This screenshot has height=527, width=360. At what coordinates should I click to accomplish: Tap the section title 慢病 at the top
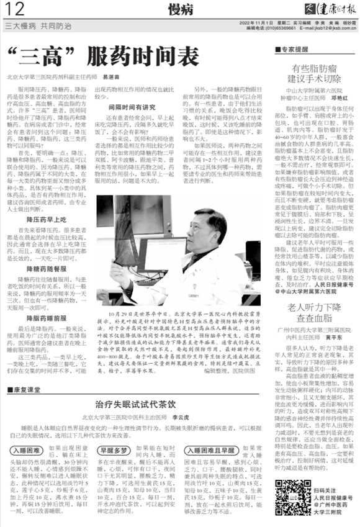click(x=179, y=8)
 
